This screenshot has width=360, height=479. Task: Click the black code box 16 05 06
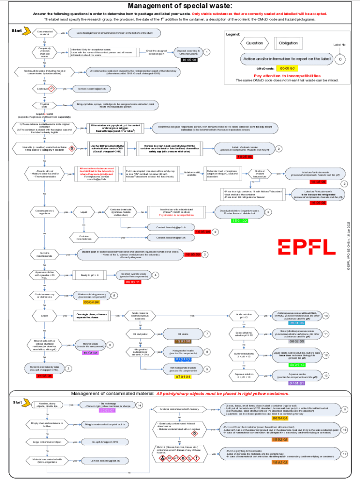pyautogui.click(x=189, y=60)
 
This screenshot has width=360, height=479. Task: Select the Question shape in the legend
pyautogui.click(x=255, y=43)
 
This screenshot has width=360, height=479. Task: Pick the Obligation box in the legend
pyautogui.click(x=288, y=43)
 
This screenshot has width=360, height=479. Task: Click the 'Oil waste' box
pyautogui.click(x=183, y=334)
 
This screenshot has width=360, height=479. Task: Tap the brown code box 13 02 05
pyautogui.click(x=183, y=341)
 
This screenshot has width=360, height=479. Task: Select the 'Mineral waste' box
pyautogui.click(x=90, y=345)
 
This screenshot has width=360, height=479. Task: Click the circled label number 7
pyautogui.click(x=208, y=334)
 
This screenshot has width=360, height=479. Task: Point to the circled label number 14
pyautogui.click(x=139, y=405)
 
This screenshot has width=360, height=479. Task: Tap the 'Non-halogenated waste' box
pyautogui.click(x=183, y=369)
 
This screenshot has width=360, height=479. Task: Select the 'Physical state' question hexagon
pyautogui.click(x=45, y=105)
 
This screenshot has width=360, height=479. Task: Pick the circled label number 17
pyautogui.click(x=345, y=454)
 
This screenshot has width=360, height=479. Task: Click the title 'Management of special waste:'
pyautogui.click(x=180, y=6)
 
